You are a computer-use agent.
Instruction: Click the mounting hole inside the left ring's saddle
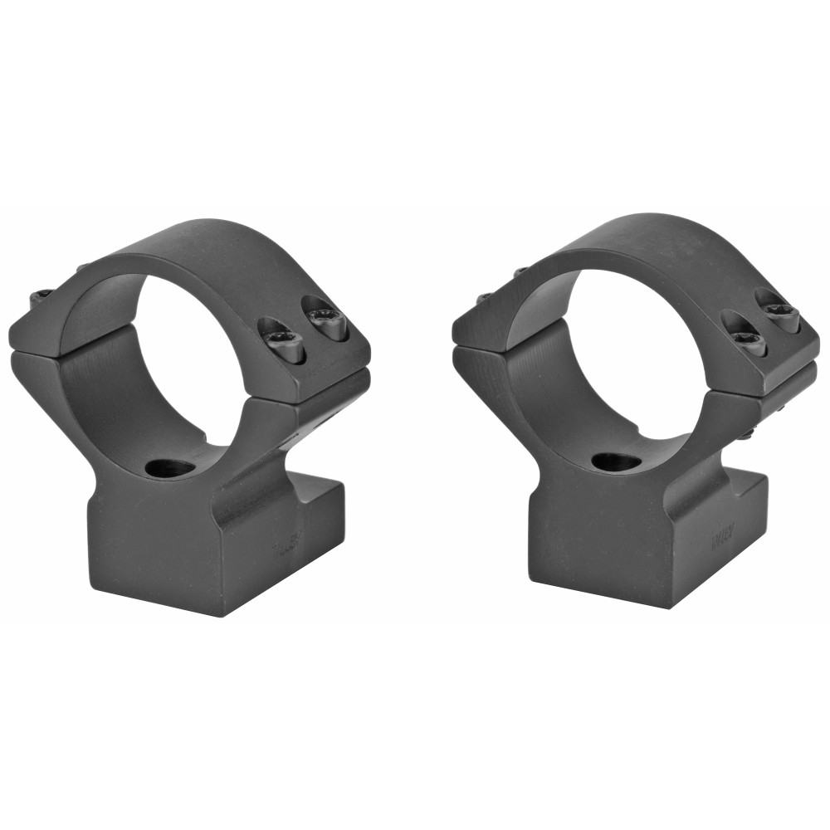click(x=170, y=468)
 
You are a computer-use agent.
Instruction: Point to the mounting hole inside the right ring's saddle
click(x=616, y=461)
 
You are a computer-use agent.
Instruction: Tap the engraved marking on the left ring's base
click(x=285, y=549)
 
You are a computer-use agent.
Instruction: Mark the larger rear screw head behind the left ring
click(x=41, y=296)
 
